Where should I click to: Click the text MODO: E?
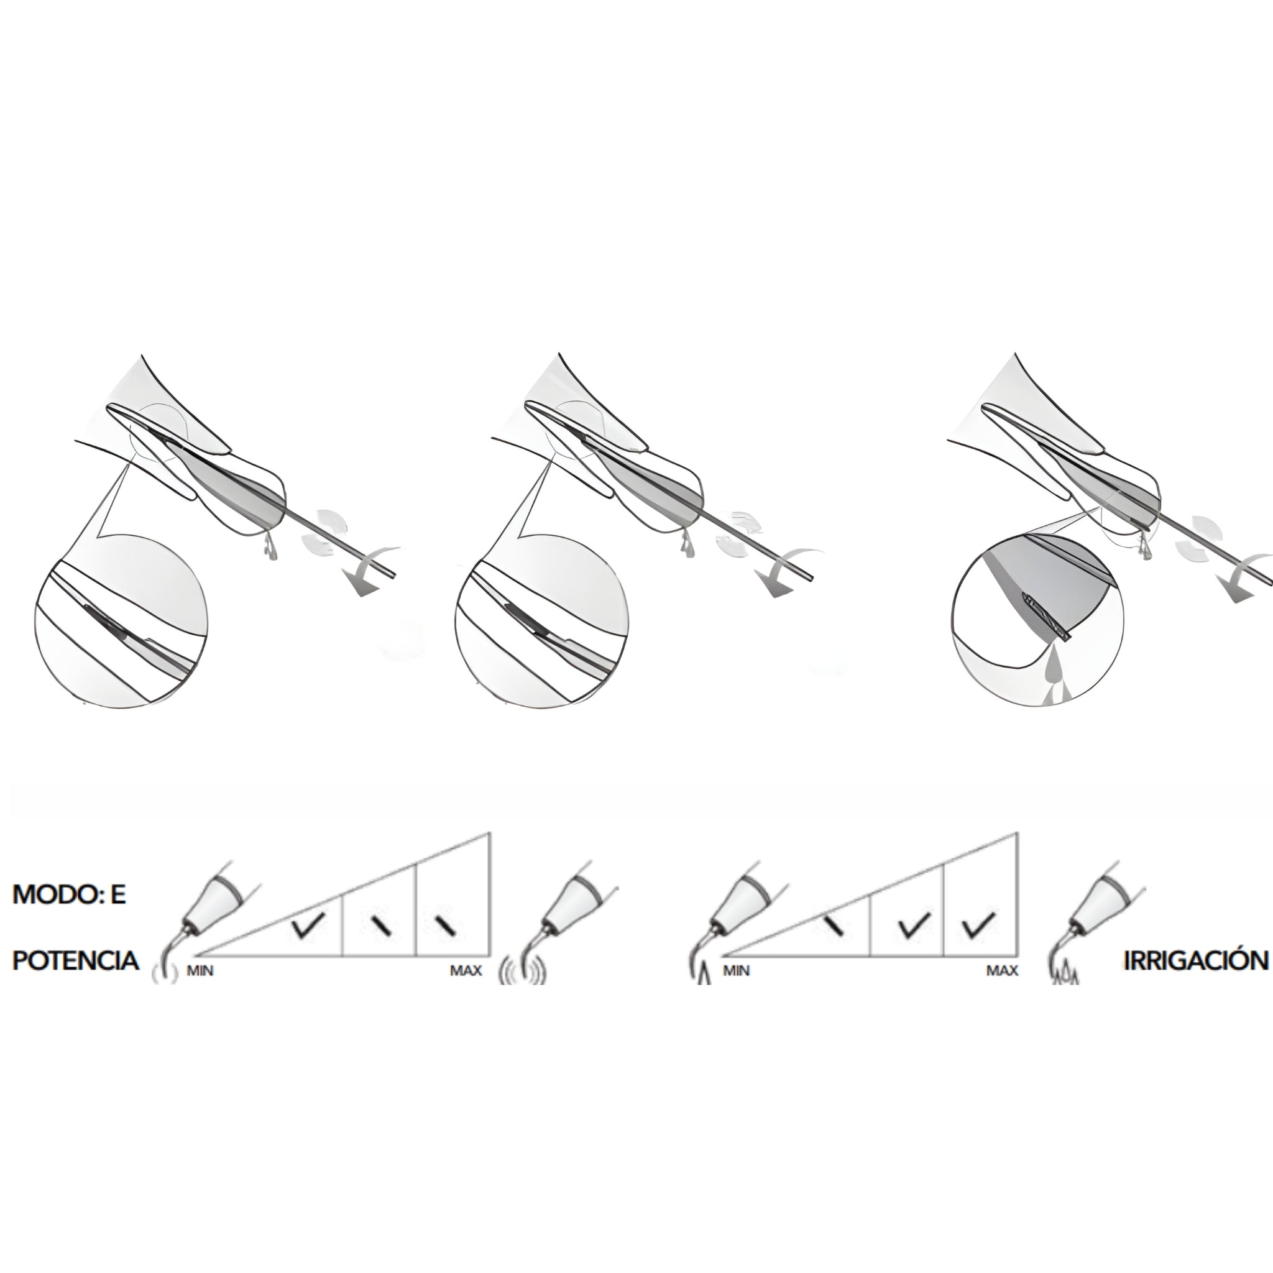tap(69, 895)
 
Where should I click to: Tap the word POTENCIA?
tap(76, 960)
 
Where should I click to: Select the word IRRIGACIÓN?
tap(1196, 960)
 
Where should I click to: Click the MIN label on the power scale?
tap(200, 970)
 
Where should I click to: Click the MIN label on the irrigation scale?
tap(736, 970)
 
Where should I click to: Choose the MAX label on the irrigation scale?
tap(1002, 970)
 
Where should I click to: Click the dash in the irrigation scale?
tap(834, 926)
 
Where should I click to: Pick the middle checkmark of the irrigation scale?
tap(914, 926)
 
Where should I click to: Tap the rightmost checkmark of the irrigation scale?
tap(978, 926)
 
